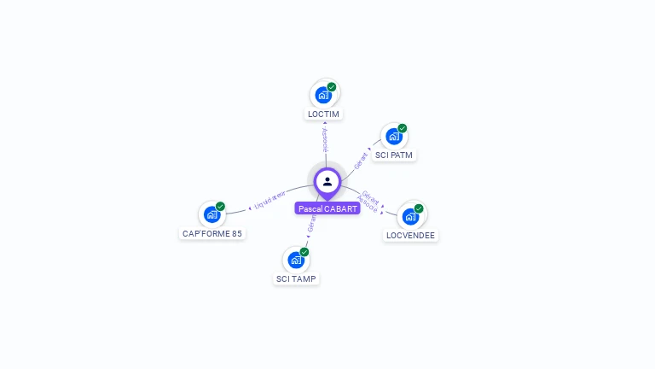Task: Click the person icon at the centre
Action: [327, 181]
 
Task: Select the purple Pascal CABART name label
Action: [327, 208]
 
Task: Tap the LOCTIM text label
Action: [323, 114]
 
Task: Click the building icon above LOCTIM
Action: [322, 95]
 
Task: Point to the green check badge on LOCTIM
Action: [332, 86]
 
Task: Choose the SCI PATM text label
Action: [394, 155]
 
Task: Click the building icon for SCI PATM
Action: [393, 137]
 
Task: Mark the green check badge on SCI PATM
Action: [403, 128]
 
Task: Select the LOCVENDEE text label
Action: [410, 235]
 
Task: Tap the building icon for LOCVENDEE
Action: [410, 216]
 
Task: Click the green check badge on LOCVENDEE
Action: [419, 208]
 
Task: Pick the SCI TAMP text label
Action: [296, 278]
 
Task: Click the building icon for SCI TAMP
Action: [295, 260]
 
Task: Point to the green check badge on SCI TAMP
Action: [304, 251]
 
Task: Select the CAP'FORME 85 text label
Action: [212, 233]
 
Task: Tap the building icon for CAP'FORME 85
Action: [212, 215]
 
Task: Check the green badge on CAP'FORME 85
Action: [221, 206]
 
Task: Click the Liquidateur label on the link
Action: [270, 200]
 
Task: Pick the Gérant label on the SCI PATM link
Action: [362, 160]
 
